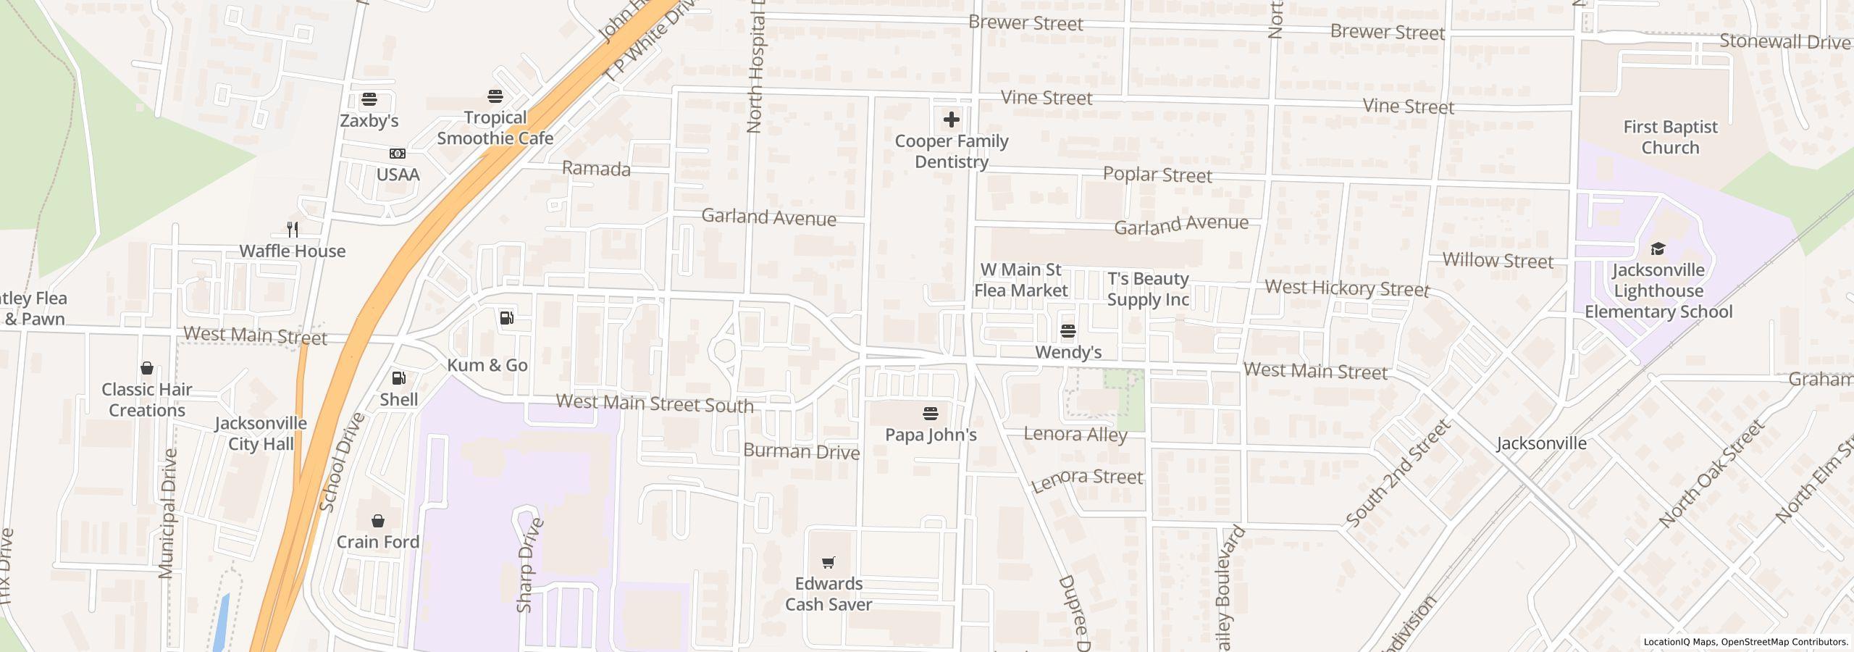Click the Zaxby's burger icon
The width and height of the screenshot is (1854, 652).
point(369,99)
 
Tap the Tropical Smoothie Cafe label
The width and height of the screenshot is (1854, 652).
point(495,128)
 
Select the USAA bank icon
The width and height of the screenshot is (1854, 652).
point(397,154)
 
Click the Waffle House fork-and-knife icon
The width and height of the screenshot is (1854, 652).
point(293,230)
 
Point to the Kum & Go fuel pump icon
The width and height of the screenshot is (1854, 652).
point(507,317)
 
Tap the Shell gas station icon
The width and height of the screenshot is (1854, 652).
point(398,378)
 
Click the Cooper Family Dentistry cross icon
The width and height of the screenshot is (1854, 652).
point(951,120)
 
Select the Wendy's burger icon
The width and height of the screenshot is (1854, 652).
point(1067,332)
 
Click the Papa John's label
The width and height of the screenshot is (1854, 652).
point(931,435)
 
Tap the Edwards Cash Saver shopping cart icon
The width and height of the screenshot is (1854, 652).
point(829,562)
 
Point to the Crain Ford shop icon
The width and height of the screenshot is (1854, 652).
point(377,521)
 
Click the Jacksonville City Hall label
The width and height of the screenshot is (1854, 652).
point(261,433)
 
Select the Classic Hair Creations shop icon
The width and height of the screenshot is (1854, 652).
point(146,368)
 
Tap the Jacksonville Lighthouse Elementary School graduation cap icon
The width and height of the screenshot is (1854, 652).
point(1658,249)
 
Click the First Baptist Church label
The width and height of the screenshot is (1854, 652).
point(1670,137)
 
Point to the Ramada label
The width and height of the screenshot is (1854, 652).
point(596,170)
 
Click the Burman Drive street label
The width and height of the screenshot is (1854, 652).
point(801,451)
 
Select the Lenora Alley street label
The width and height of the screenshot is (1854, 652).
point(1075,435)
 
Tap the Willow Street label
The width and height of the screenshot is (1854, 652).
point(1498,261)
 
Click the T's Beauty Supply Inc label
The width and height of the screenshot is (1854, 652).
point(1148,289)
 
